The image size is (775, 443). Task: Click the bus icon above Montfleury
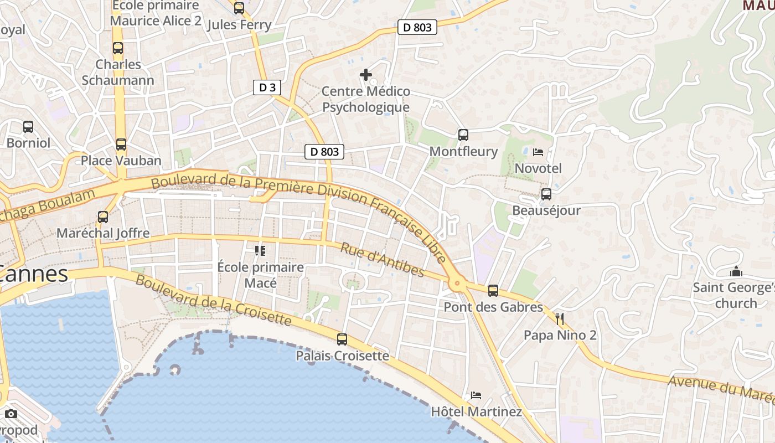point(463,135)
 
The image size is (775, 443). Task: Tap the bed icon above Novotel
point(538,152)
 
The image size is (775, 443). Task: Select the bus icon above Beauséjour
point(546,194)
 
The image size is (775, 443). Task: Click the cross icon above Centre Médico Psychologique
point(366,74)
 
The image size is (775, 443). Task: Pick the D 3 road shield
point(267,87)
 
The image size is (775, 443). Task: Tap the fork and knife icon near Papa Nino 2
point(560,318)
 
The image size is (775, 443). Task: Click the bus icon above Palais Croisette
point(342,339)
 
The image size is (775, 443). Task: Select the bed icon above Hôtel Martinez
point(476,395)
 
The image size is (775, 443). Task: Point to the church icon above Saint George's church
point(736,271)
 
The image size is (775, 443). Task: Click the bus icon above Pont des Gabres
point(493,290)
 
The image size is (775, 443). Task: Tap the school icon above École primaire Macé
point(260,251)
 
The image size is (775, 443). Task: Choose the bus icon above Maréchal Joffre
point(103,217)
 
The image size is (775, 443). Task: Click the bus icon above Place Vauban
point(121,145)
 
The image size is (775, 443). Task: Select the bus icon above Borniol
point(28,127)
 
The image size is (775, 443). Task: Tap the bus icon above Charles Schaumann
point(118,48)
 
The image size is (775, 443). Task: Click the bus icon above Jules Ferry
point(239,8)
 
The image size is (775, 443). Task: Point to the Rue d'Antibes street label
point(382,260)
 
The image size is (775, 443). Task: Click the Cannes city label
point(34,274)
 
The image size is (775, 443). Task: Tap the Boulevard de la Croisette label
point(213,301)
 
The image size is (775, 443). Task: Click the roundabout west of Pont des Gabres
point(457,285)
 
